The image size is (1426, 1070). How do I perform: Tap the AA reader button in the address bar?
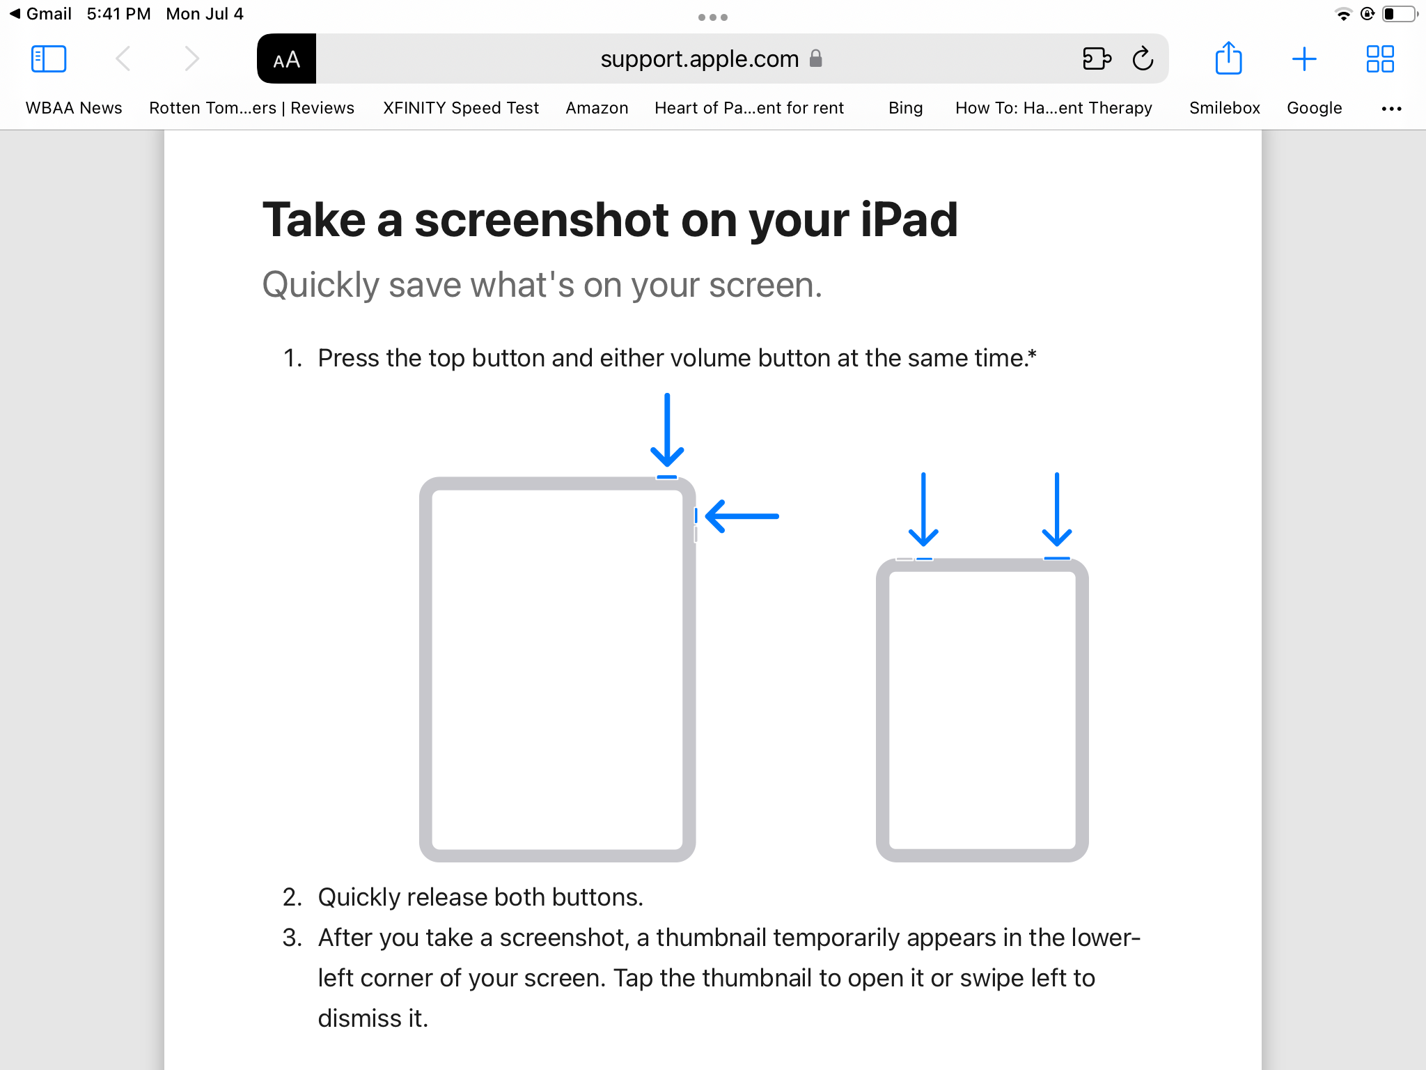pos(286,59)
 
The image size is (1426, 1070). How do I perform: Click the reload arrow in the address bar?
pos(1143,59)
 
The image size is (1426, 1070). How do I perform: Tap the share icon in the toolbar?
pos(1228,58)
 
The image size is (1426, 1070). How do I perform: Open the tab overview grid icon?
pos(1379,59)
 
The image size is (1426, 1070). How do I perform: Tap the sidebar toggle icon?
pos(49,59)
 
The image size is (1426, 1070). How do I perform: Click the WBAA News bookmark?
pos(74,108)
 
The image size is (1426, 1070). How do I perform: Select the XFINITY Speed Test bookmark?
pos(461,108)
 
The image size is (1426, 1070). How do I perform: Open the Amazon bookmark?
pos(597,108)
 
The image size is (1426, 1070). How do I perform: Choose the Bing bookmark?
pos(905,108)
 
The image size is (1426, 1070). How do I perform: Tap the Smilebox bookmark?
pos(1225,108)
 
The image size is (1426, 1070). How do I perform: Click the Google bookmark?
pos(1314,108)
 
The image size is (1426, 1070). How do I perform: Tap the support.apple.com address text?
pos(700,59)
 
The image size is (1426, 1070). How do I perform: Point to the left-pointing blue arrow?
pos(742,516)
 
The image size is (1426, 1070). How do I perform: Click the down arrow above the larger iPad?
pos(667,430)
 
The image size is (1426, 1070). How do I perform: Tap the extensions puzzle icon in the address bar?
pos(1097,59)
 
